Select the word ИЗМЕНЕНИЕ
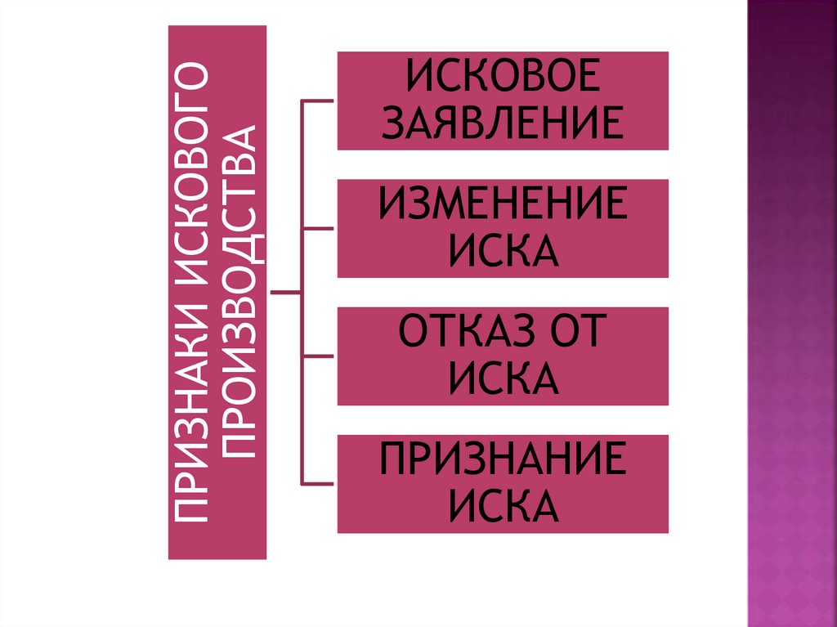point(502,204)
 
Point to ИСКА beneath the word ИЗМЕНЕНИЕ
point(502,250)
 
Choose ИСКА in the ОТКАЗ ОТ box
point(502,378)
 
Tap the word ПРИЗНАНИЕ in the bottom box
point(502,460)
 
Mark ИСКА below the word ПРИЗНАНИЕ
point(502,507)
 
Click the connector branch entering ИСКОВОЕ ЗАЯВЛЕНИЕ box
point(319,101)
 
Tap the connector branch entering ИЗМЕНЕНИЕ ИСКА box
point(319,228)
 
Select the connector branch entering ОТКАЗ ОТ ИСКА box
point(319,356)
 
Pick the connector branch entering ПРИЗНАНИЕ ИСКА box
point(319,484)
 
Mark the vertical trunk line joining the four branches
point(302,163)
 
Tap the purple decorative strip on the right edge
point(792,327)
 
